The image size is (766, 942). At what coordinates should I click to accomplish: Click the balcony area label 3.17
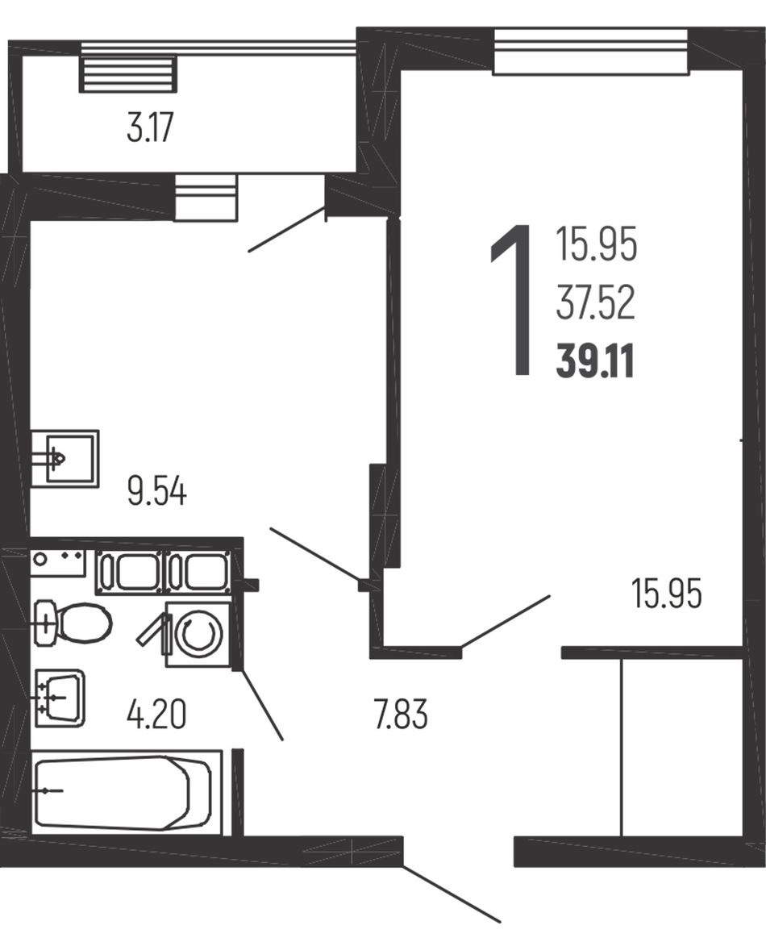point(150,128)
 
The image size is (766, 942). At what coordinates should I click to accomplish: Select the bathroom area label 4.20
point(156,715)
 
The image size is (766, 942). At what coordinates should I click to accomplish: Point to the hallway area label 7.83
point(401,715)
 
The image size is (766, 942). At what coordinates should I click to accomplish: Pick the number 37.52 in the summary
point(595,304)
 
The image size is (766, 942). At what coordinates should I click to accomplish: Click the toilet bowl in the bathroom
point(74,623)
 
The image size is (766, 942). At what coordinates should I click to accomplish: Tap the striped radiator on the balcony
point(128,73)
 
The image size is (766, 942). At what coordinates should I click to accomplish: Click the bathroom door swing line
point(261,704)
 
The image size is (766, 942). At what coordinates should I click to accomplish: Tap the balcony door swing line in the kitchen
point(287,229)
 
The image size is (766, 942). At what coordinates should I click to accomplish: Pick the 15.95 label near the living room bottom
point(666,595)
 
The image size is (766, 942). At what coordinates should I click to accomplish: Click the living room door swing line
point(506,621)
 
